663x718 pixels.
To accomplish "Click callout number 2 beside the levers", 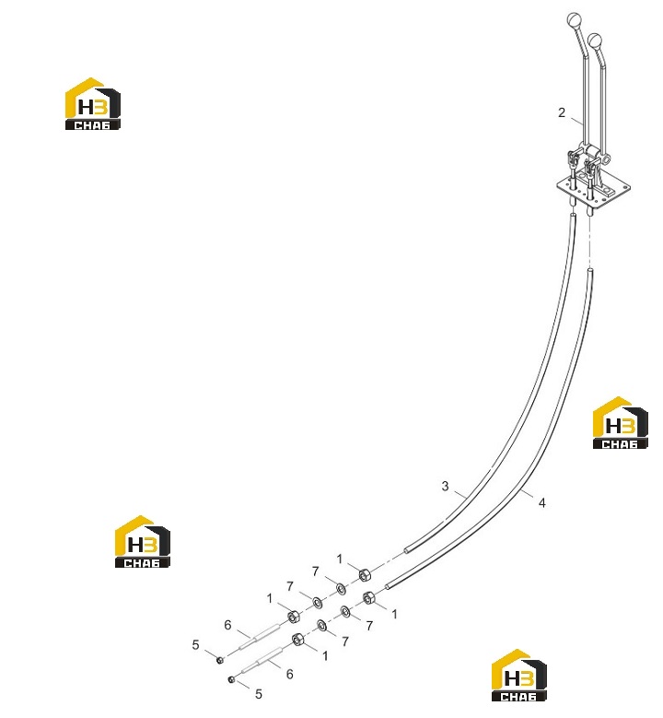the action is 562,112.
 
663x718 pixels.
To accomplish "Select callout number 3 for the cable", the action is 445,486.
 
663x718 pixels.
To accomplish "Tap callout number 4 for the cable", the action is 542,502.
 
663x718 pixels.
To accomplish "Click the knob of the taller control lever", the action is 574,20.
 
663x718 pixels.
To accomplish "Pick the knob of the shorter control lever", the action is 594,40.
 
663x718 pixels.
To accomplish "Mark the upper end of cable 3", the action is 573,216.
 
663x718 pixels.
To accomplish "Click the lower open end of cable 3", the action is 407,551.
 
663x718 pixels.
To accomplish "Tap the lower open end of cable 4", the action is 388,586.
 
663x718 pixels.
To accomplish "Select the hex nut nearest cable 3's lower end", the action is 365,574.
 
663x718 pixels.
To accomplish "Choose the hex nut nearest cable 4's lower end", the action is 368,598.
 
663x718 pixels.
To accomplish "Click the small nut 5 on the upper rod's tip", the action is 220,660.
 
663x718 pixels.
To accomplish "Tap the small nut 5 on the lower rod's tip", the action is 231,679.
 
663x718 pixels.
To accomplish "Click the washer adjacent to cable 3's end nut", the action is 341,588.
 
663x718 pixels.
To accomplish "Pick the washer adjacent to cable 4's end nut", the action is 346,611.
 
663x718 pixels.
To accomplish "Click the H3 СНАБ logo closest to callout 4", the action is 620,423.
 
